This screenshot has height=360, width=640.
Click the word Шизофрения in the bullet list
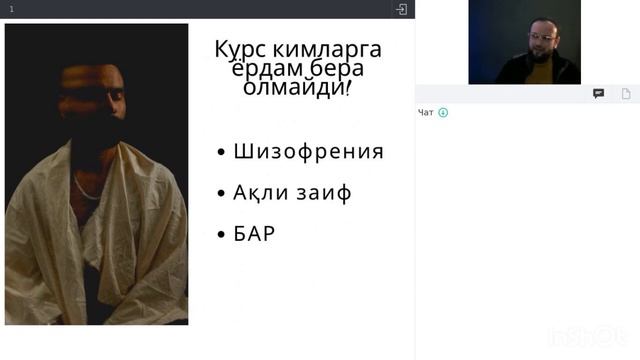tap(308, 152)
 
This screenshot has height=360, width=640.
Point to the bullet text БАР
tap(254, 234)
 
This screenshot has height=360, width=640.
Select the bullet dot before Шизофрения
tap(221, 153)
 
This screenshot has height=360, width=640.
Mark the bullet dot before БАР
tap(221, 235)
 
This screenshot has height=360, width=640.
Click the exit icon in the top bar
tap(401, 9)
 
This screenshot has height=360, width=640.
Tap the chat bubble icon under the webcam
tap(598, 93)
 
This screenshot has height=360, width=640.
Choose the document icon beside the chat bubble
tap(626, 93)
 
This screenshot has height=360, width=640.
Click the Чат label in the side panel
tap(426, 112)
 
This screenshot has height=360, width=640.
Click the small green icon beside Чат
tap(443, 112)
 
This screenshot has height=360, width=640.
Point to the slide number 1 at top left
tap(12, 9)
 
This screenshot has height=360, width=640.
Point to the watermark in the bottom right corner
tap(599, 338)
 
